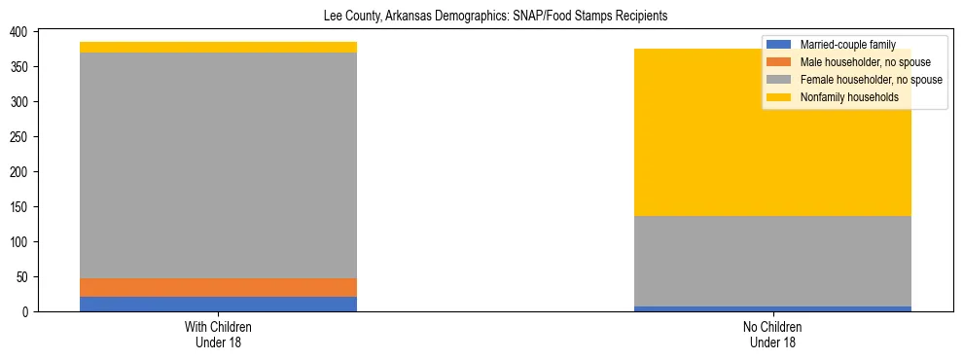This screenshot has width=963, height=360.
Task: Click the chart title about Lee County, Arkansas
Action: [495, 17]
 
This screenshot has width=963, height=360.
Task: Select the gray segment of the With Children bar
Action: [218, 165]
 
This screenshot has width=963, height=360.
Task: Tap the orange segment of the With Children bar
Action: [218, 287]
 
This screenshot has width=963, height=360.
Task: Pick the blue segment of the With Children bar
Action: [218, 304]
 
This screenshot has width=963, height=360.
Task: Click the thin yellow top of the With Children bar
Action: [218, 47]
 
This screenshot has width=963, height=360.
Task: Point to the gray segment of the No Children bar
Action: [772, 261]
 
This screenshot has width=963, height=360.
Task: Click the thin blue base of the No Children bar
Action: [772, 308]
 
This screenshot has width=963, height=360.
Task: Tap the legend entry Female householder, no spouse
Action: [869, 80]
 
